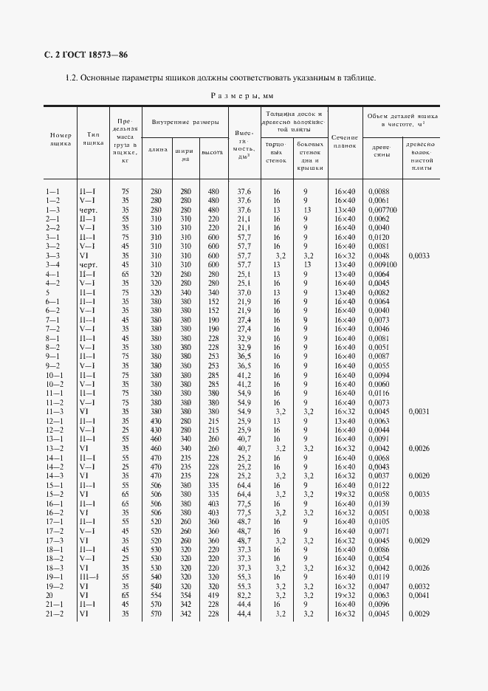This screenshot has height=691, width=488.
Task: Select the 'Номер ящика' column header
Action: pyautogui.click(x=61, y=140)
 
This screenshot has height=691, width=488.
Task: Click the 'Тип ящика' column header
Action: pyautogui.click(x=93, y=140)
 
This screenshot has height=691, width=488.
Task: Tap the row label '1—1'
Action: pyautogui.click(x=52, y=192)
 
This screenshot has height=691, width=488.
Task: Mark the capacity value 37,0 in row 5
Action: pyautogui.click(x=244, y=292)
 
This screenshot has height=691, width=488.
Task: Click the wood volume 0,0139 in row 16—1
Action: pyautogui.click(x=378, y=504)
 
